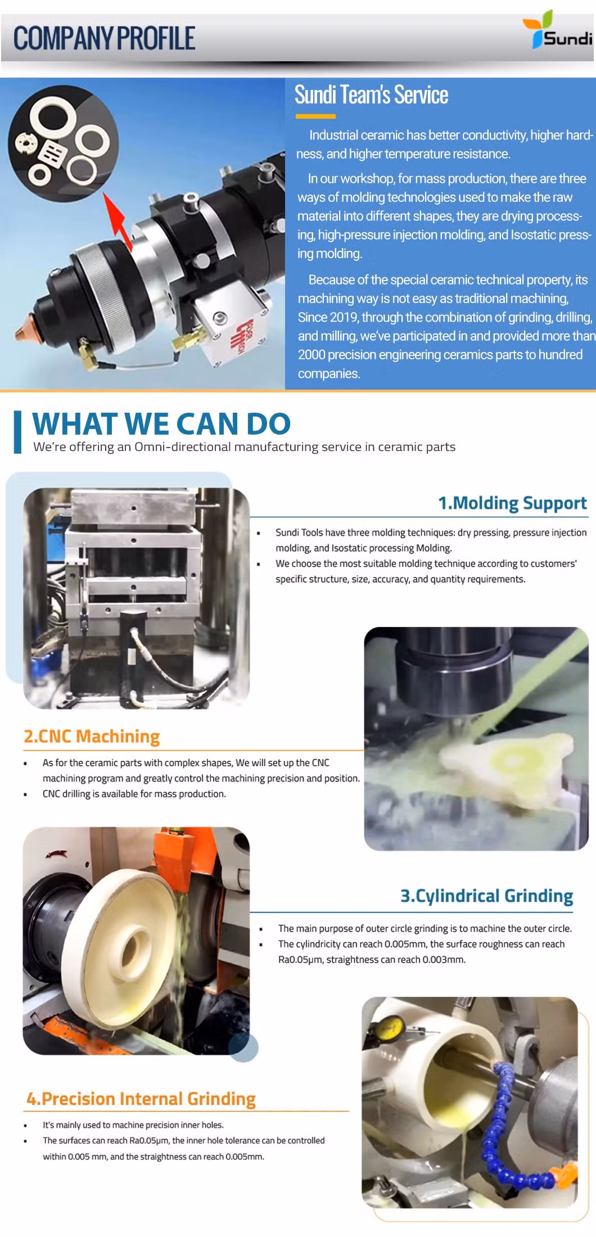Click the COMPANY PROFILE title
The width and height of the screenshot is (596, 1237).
pos(104,38)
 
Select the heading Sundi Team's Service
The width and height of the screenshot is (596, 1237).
pos(371,95)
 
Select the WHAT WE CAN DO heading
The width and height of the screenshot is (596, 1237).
pos(161,423)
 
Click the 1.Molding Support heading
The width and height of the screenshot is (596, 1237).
pos(512,503)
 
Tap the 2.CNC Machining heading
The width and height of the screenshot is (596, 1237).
pos(92,736)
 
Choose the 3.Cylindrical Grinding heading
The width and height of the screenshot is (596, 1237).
pos(486,896)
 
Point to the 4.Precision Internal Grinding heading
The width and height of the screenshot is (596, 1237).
pos(141,1099)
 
